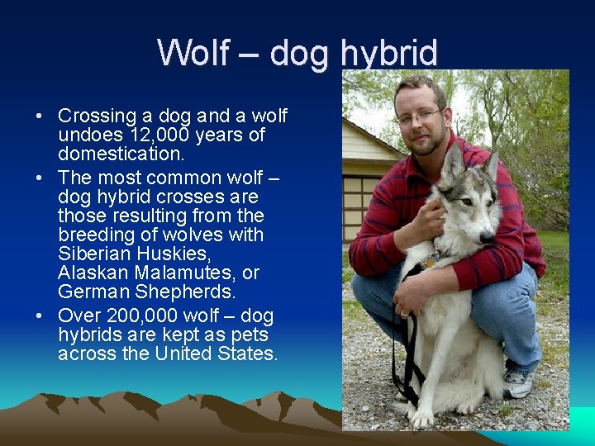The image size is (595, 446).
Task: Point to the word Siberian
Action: pos(93,254)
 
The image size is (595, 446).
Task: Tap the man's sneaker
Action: pos(516,382)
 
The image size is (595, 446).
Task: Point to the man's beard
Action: pos(425,145)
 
